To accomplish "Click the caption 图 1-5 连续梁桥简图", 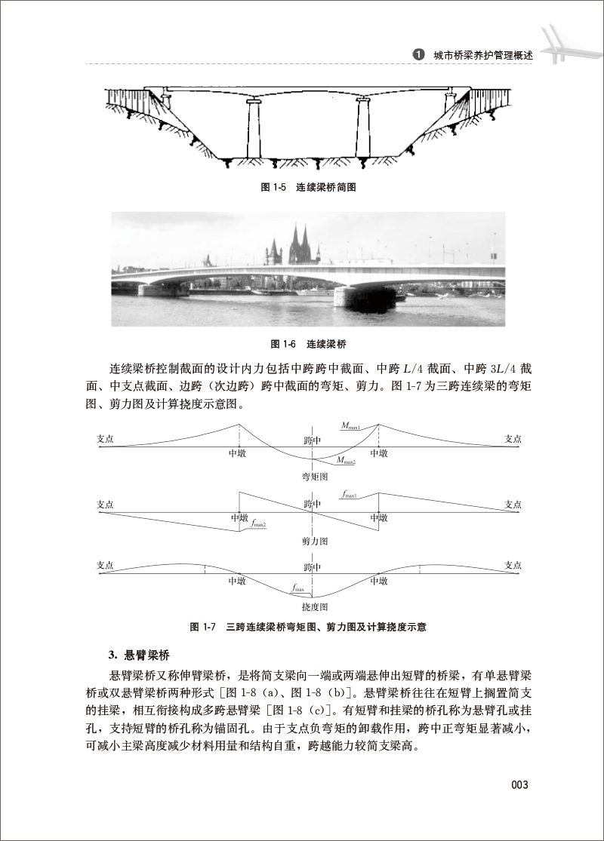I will click(307, 188).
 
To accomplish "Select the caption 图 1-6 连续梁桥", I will click(308, 345).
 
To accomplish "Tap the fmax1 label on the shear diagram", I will click(349, 495).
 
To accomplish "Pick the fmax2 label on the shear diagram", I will click(260, 523).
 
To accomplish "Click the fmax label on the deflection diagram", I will click(298, 588).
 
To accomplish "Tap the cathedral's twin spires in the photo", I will click(299, 245).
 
